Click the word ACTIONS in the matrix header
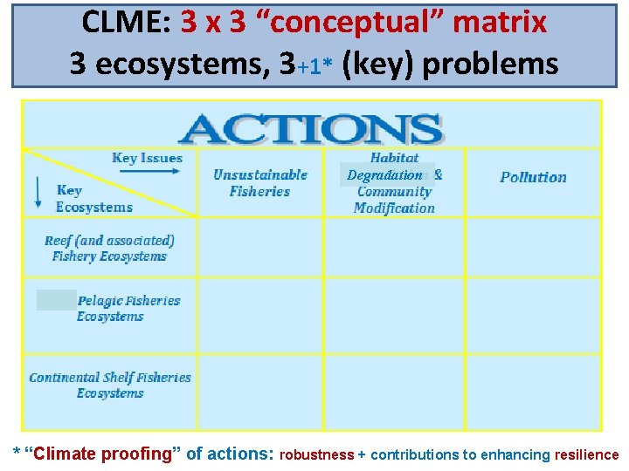311,129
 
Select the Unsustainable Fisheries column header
260,182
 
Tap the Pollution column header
533,177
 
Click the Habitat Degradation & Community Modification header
394,183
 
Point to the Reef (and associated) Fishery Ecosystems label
109,248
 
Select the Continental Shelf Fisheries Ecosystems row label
110,385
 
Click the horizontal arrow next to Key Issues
149,171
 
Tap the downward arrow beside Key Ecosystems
38,191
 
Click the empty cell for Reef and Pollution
533,247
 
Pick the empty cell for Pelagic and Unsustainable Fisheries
260,315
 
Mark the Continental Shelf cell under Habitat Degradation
394,391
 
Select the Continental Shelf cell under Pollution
533,391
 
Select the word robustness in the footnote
316,454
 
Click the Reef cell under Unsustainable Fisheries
260,247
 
